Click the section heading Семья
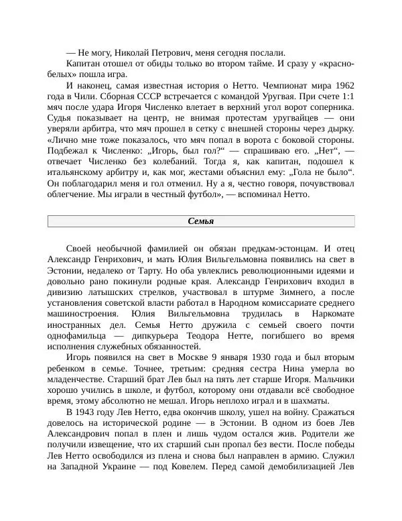[201, 221]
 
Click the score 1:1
[345, 97]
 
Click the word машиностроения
[84, 314]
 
